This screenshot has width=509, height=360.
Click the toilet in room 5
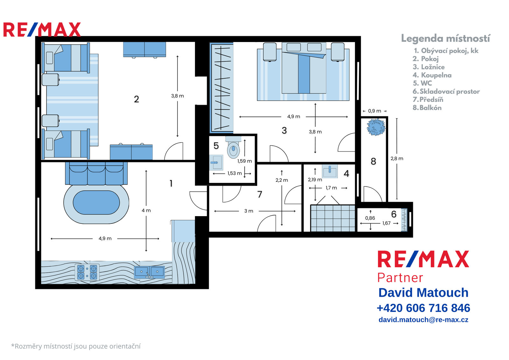[x=234, y=147]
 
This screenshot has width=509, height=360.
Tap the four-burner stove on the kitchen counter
[x=87, y=272]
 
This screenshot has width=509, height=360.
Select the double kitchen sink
[x=149, y=272]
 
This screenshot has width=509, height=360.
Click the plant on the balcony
[x=376, y=127]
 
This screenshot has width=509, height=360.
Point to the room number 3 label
[x=284, y=131]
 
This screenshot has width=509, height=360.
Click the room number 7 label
[x=260, y=194]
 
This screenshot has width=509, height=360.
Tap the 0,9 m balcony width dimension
[x=374, y=111]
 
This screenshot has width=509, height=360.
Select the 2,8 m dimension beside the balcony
[x=397, y=159]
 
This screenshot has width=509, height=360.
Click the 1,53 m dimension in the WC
[x=234, y=173]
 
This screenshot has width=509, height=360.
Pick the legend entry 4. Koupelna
[x=432, y=75]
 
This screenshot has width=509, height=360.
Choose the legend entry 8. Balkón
[x=427, y=108]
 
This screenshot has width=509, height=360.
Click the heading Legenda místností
[x=446, y=39]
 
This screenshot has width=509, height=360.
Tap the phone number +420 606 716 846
[x=423, y=308]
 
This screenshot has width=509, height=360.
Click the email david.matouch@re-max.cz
[x=423, y=320]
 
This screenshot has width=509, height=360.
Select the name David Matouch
[x=423, y=293]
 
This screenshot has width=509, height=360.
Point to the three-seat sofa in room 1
[x=96, y=173]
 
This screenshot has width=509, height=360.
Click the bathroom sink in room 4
[x=330, y=171]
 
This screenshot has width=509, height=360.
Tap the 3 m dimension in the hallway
[x=248, y=211]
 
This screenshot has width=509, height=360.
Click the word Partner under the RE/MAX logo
[x=400, y=278]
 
